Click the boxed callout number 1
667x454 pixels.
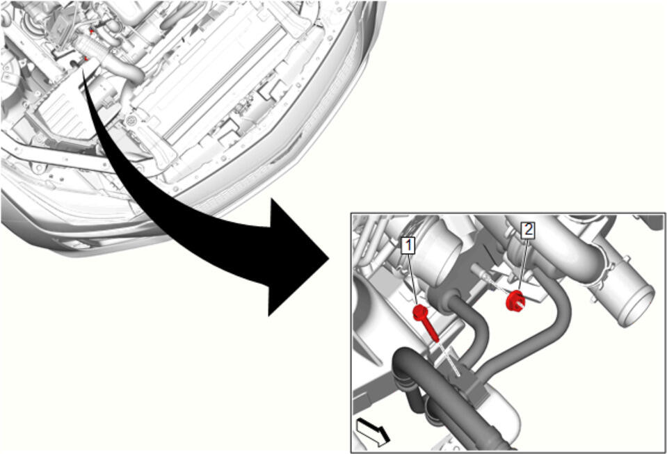[408, 245]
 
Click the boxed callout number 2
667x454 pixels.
[528, 230]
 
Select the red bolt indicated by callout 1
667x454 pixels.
[426, 323]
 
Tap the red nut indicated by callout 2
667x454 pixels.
[515, 300]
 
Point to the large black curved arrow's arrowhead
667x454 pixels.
[298, 258]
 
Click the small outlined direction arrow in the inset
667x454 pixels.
[373, 431]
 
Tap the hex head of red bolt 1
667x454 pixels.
[419, 312]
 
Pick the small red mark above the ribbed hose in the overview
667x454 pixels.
[91, 31]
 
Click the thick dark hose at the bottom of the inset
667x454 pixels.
[442, 396]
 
